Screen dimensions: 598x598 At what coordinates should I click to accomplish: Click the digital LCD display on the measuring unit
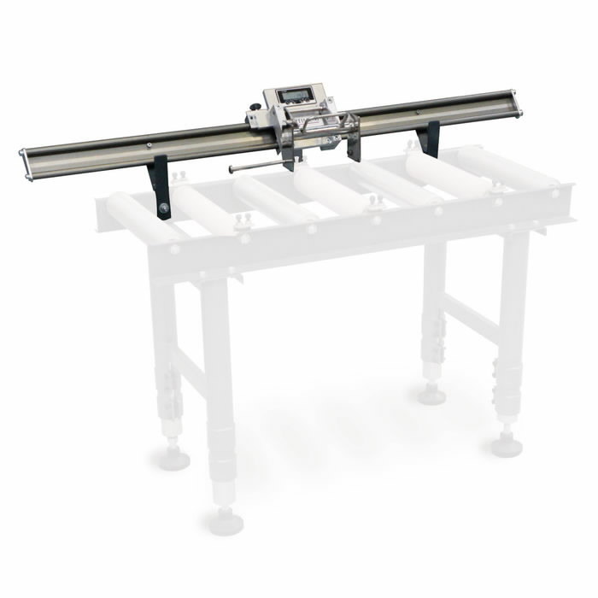[x=296, y=96]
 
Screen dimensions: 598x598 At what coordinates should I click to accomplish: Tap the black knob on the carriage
[x=255, y=108]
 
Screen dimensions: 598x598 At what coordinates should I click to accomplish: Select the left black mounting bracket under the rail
[x=159, y=186]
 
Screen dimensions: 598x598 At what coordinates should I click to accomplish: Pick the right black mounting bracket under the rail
[x=431, y=138]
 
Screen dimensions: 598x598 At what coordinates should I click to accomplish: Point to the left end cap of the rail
[x=26, y=165]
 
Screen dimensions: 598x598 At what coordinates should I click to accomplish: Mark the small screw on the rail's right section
[x=419, y=110]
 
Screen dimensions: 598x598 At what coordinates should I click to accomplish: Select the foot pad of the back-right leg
[x=432, y=395]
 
